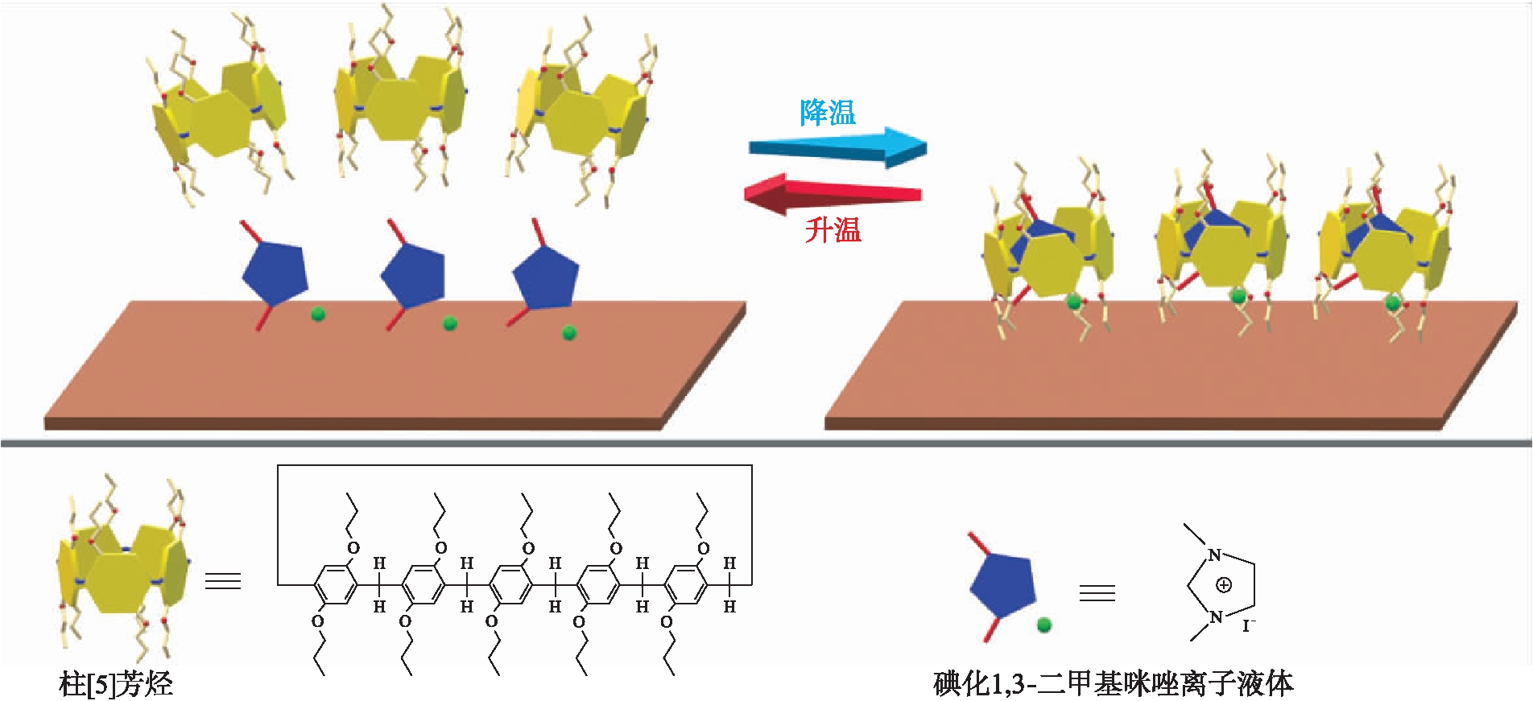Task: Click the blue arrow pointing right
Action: [x=837, y=147]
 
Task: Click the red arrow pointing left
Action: [x=833, y=193]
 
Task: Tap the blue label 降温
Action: [x=828, y=113]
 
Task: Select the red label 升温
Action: [x=833, y=230]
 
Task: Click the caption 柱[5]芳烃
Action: [x=116, y=684]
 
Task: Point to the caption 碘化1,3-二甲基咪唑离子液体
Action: [x=1114, y=683]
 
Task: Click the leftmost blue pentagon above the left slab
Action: [x=275, y=272]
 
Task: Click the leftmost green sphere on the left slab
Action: [x=318, y=314]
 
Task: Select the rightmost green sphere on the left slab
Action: [x=569, y=332]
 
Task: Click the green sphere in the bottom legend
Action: [x=1044, y=625]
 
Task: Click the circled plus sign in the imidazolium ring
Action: [x=1224, y=585]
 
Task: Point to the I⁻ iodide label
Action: [x=1249, y=625]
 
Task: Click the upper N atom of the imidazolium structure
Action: [x=1215, y=555]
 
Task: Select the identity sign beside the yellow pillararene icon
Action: [x=223, y=580]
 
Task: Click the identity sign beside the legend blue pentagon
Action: [x=1097, y=593]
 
